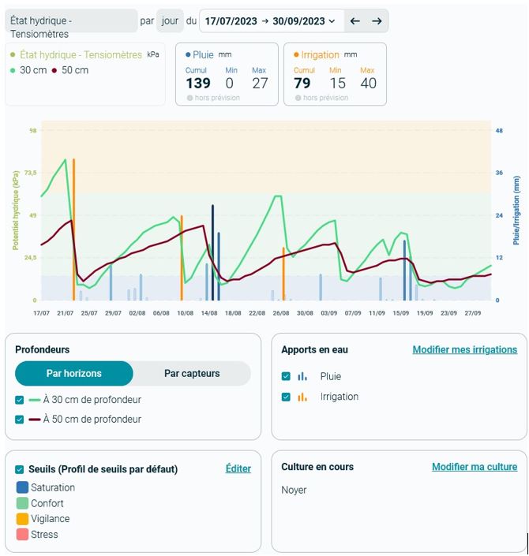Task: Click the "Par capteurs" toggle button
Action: click(192, 373)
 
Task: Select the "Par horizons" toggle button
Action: click(74, 373)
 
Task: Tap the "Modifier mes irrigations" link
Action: click(464, 349)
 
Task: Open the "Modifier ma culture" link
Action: click(474, 467)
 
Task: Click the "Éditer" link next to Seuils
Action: click(238, 468)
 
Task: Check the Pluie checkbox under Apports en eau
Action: click(286, 376)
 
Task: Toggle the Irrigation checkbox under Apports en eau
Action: click(286, 397)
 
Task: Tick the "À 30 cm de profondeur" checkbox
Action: click(20, 400)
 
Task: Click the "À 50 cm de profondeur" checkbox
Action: click(20, 420)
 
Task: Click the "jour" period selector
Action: click(170, 21)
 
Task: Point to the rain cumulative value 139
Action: click(198, 83)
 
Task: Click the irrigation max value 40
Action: click(368, 83)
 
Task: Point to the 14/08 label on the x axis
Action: click(209, 313)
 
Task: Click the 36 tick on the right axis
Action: click(498, 173)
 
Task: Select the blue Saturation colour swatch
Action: click(22, 487)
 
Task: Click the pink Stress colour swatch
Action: click(22, 534)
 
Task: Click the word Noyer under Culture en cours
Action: click(294, 490)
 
